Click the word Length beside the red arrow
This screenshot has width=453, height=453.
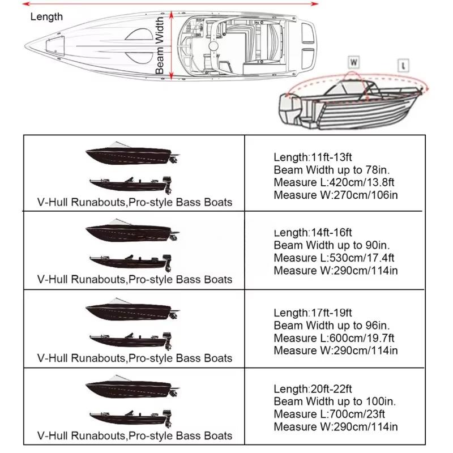tap(46, 16)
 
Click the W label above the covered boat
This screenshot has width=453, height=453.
tap(353, 61)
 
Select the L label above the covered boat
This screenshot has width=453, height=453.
tap(403, 65)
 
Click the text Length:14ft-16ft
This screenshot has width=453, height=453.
tap(313, 233)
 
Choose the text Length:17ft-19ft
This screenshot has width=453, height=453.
tap(313, 313)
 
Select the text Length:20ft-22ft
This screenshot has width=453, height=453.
tap(313, 389)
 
